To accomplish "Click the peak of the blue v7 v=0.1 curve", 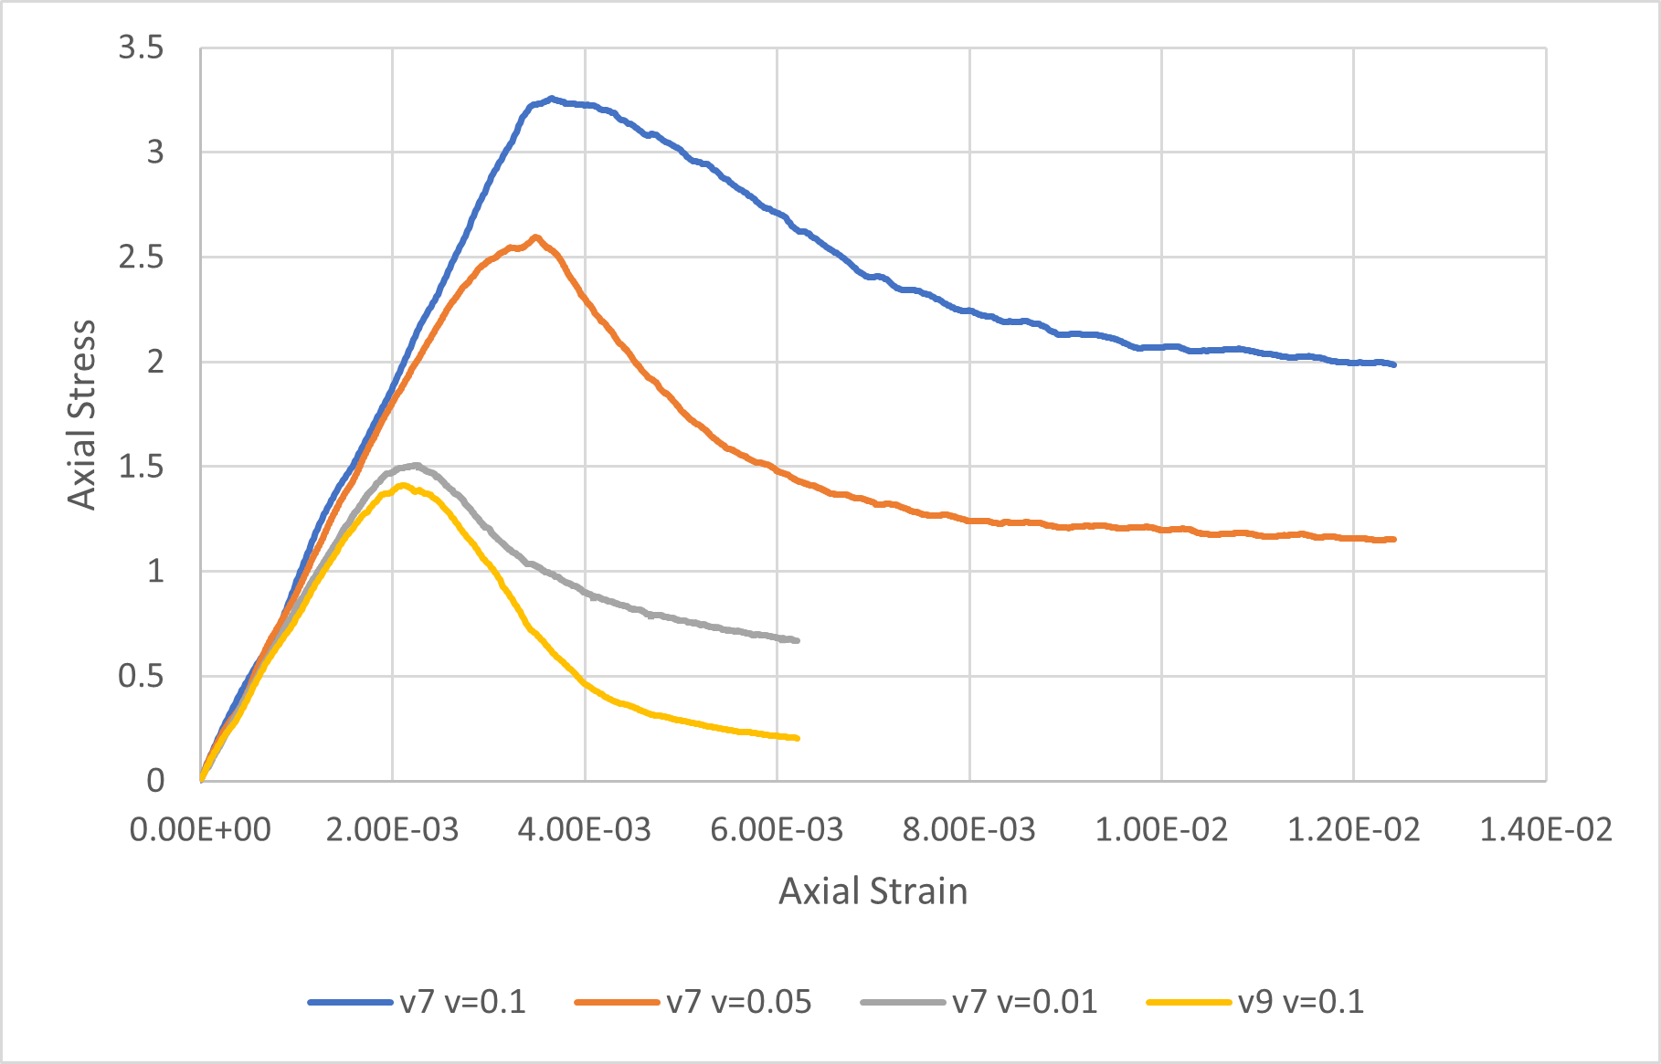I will pos(551,98).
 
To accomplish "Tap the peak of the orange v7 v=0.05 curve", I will pos(536,237).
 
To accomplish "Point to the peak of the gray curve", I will pos(416,465).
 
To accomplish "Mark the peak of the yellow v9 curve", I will pos(402,485).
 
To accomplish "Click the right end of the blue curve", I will pos(1394,364).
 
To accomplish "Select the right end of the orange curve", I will pos(1394,539).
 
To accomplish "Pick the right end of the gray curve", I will pos(798,640).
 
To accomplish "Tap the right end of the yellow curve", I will pos(798,738).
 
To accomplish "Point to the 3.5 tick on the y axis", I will pos(141,47).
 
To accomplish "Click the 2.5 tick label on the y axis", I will pos(141,258).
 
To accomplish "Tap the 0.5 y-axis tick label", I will pos(141,677).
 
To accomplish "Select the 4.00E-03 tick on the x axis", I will pos(585,830).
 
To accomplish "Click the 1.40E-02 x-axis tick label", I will pos(1546,830).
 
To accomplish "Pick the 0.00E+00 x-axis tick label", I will pos(200,830).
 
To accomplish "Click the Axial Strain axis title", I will pos(873,891).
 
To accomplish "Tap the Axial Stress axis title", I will pos(82,415).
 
